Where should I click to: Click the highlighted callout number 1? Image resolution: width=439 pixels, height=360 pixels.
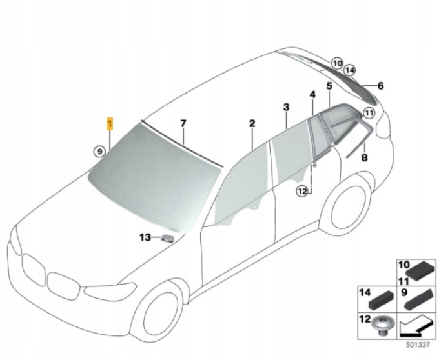110,124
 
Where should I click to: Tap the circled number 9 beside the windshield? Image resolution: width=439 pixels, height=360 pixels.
99,152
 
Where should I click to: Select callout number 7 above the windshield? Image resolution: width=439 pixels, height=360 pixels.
183,124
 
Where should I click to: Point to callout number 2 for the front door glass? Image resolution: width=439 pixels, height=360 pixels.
252,124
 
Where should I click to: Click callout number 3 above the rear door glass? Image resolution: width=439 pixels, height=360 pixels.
286,107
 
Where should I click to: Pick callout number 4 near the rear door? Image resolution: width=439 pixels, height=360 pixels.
312,95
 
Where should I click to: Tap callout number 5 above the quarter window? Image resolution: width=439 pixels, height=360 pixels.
329,86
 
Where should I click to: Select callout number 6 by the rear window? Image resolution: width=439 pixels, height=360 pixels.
380,86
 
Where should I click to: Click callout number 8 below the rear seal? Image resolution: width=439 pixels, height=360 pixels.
364,157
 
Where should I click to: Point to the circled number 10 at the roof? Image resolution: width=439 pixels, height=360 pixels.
337,63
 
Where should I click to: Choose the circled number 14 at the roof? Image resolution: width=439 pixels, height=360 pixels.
350,70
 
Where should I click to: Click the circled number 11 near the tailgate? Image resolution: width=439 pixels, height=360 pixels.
369,114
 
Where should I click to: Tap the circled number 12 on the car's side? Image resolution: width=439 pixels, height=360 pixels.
302,192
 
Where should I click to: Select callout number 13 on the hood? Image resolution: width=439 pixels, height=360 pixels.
145,237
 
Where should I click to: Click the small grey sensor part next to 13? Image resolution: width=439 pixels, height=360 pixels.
167,239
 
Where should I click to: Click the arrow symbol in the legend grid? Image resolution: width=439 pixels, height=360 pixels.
415,326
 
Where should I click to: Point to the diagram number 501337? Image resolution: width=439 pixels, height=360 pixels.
418,345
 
